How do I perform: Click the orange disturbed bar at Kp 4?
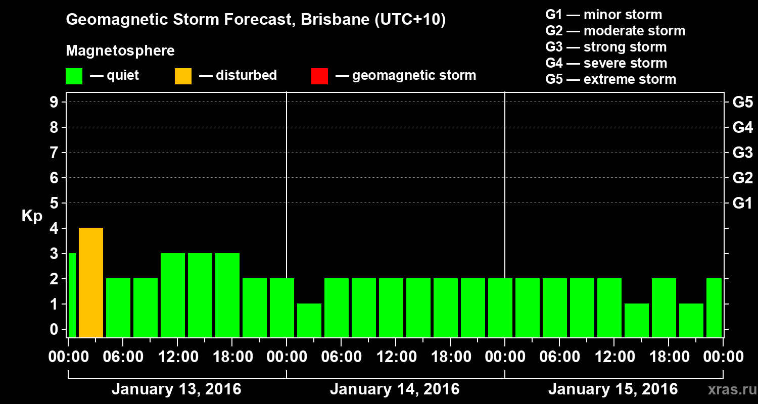pyautogui.click(x=91, y=282)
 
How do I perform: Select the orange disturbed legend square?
pyautogui.click(x=183, y=76)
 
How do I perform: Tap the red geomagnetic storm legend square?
pyautogui.click(x=319, y=76)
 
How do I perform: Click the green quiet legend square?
pyautogui.click(x=74, y=76)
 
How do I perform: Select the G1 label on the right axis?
pyautogui.click(x=742, y=204)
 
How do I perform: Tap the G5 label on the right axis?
pyautogui.click(x=742, y=103)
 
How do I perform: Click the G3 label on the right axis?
pyautogui.click(x=742, y=153)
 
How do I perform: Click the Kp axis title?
pyautogui.click(x=32, y=216)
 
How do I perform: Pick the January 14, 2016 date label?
pyautogui.click(x=395, y=389)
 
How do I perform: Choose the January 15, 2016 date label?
pyautogui.click(x=613, y=389)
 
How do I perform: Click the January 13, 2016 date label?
pyautogui.click(x=176, y=389)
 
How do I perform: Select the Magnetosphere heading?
pyautogui.click(x=120, y=51)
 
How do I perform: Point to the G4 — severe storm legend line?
pyautogui.click(x=606, y=63)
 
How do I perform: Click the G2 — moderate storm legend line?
pyautogui.click(x=615, y=31)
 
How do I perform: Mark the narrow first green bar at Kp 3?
pyautogui.click(x=72, y=295)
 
